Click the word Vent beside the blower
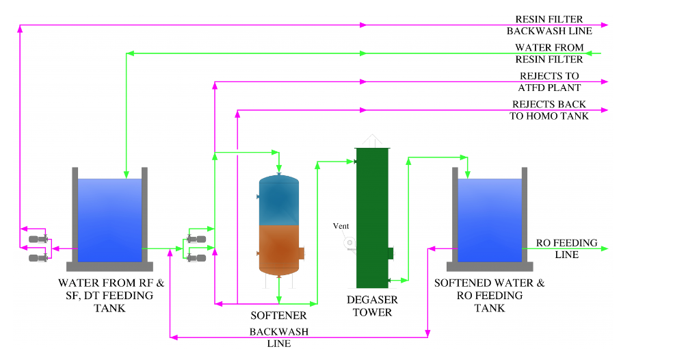341,226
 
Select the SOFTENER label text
278,316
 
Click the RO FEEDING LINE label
566,248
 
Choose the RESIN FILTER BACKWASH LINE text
549,25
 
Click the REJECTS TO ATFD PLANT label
549,81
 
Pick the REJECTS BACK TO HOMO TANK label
549,110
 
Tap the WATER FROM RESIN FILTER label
549,53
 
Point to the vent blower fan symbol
350,242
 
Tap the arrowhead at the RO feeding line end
604,249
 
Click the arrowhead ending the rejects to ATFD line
604,81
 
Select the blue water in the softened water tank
489,219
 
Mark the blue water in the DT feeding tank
109,219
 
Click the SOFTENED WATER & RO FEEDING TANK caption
490,295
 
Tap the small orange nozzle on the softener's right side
301,253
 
